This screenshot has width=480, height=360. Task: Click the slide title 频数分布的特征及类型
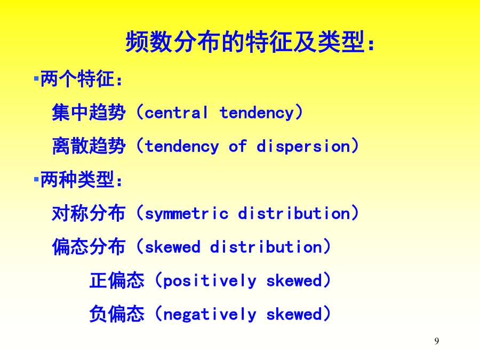coord(245,41)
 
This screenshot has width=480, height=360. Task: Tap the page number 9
coord(436,341)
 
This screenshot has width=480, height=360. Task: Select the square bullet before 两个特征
coord(36,79)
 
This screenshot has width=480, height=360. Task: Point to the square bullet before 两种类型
coord(36,179)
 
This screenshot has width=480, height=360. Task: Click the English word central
coord(176,113)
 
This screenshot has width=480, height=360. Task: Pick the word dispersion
coord(303,146)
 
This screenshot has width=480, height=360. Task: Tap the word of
coord(237,146)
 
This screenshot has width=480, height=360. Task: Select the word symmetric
coord(187,213)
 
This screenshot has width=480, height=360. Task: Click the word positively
coord(210,281)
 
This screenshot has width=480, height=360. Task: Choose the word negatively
coord(210,314)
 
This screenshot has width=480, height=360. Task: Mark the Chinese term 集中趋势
coord(89,113)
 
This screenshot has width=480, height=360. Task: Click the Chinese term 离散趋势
coord(89,146)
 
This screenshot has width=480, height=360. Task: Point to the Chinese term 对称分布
coord(89,213)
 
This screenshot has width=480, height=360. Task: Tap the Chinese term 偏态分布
coord(89,247)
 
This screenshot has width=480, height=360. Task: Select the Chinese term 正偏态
coord(117,281)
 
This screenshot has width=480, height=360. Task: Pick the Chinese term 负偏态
coord(117,314)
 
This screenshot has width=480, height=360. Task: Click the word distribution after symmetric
coord(294,213)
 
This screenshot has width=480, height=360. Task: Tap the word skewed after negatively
coord(294,314)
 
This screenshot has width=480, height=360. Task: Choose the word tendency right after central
coord(257,113)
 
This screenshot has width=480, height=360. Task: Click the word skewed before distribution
coord(172,247)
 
